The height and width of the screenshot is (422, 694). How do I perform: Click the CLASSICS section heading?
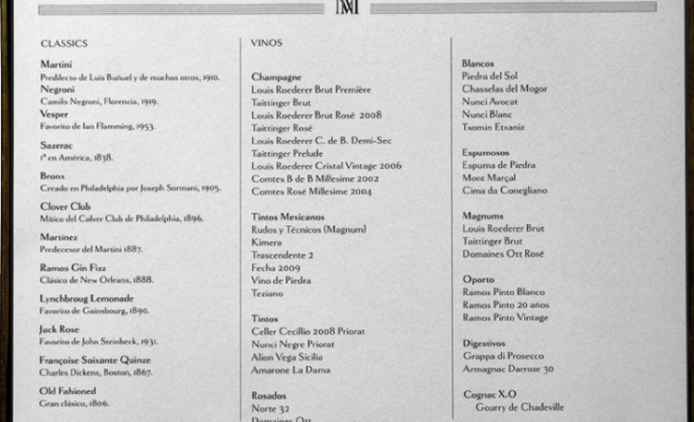pos(64,43)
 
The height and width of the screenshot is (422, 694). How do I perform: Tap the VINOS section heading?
pos(266,43)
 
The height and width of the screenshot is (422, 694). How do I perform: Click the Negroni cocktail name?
pos(57,88)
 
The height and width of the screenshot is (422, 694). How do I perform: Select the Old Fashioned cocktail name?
pos(68,390)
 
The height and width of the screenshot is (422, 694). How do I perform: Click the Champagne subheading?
pos(277,76)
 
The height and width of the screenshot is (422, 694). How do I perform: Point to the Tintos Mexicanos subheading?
pos(288,217)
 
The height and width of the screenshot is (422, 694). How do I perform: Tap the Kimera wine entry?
pos(266,242)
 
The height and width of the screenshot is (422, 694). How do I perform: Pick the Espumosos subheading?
pos(486,152)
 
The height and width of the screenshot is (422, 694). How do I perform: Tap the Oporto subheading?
pos(478,279)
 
